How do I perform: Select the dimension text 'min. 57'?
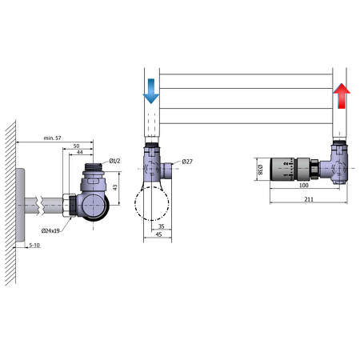pos(54,138)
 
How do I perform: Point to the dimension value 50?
pos(77,147)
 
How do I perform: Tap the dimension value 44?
pos(80,154)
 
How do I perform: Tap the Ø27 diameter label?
pos(187,162)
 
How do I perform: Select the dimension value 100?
pos(304,185)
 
